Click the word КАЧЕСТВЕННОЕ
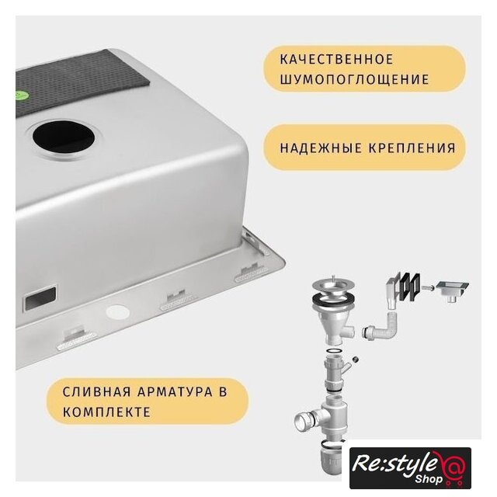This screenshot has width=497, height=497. pos(336,60)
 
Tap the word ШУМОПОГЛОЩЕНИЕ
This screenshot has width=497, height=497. pos(354,79)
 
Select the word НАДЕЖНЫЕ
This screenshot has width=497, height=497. pos(321,148)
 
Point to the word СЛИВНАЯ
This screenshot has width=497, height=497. pos(96,391)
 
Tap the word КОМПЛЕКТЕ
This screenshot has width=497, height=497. pos(106,412)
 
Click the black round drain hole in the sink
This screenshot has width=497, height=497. pos(64,137)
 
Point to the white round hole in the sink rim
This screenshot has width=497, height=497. pos(117,313)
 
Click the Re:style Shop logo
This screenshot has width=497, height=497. pos(410,467)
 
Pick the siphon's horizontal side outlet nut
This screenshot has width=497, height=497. pos(305,420)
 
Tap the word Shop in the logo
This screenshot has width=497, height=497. pos(429,478)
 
